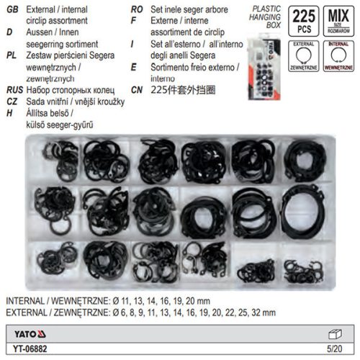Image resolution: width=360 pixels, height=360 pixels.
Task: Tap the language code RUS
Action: [x=12, y=92]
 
